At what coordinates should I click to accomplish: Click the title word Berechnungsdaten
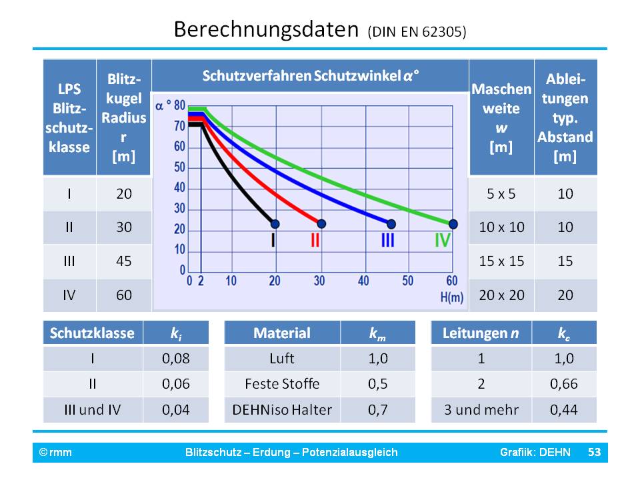(x=267, y=30)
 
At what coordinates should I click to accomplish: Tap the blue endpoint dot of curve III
(x=391, y=223)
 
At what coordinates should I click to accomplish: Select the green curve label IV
(x=442, y=240)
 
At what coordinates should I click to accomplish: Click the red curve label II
(x=315, y=240)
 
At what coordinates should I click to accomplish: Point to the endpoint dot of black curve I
(x=275, y=223)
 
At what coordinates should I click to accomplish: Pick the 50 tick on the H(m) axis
(x=407, y=281)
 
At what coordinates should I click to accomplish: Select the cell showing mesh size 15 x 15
(x=501, y=261)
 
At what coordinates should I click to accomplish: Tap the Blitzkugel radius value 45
(x=124, y=261)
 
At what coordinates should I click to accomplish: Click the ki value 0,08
(x=176, y=359)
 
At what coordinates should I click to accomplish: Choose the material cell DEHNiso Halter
(x=283, y=409)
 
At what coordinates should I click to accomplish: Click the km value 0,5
(x=378, y=384)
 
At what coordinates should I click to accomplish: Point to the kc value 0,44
(x=563, y=409)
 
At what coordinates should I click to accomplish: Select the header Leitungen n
(x=481, y=333)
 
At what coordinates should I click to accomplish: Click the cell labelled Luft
(x=283, y=359)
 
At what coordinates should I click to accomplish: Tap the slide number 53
(x=594, y=453)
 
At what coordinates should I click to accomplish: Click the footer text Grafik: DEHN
(x=535, y=453)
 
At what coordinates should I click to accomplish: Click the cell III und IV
(x=93, y=409)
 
